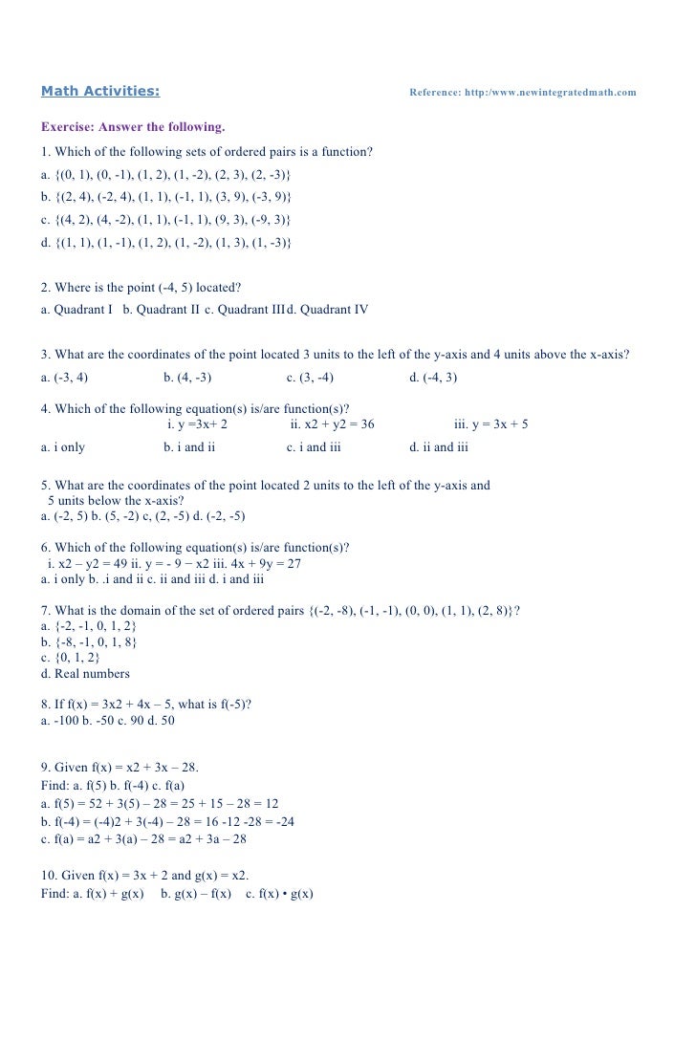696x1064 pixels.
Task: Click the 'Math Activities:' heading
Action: pos(100,92)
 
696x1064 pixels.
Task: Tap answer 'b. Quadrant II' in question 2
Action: pos(162,309)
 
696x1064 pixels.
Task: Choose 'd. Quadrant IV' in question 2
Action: pos(328,309)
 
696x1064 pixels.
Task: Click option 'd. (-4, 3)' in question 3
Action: pos(433,377)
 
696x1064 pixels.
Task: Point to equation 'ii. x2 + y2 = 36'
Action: pos(333,423)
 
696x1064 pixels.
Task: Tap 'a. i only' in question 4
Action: pos(63,446)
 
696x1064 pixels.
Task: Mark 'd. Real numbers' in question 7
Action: pos(85,673)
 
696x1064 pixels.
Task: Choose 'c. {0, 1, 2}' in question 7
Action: pos(70,658)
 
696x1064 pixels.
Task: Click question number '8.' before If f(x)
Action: pos(46,705)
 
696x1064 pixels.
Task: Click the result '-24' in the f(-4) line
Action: pos(283,821)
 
